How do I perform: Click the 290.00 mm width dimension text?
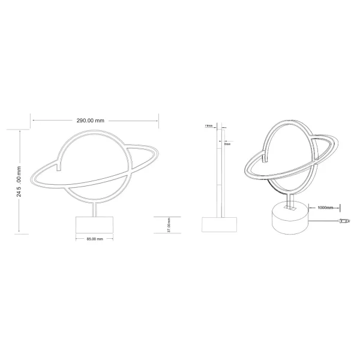tap(91, 121)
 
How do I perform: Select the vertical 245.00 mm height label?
tap(19, 181)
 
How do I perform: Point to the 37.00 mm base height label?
tap(169, 224)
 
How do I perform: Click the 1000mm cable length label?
tap(325, 208)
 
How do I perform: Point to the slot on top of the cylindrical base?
tap(291, 208)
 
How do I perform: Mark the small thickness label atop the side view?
tap(208, 127)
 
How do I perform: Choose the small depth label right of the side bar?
tap(227, 143)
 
